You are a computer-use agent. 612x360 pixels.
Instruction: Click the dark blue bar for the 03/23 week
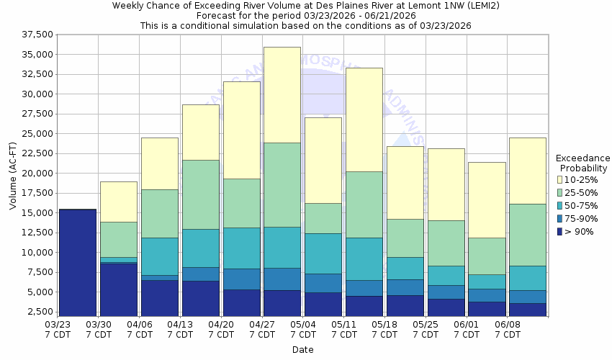click(x=78, y=263)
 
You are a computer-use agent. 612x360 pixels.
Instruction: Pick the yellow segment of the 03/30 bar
click(x=118, y=202)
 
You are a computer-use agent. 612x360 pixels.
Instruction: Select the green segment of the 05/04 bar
click(x=323, y=218)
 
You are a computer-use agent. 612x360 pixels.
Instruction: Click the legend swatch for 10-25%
click(x=560, y=179)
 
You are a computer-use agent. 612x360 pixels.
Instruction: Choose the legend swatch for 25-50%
click(x=560, y=192)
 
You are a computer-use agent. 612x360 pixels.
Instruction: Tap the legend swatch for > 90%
click(x=560, y=230)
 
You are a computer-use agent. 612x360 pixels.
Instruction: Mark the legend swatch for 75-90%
click(x=560, y=217)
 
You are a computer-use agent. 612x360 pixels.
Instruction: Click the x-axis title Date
click(x=302, y=349)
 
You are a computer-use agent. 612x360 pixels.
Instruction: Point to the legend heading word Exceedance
click(x=582, y=158)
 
